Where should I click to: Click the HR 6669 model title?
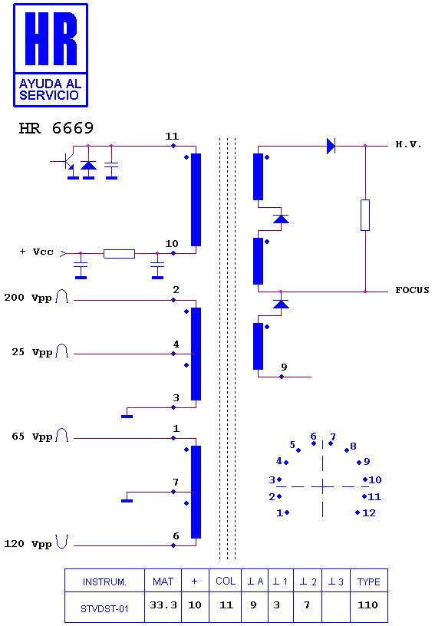point(56,128)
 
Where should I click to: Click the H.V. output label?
point(408,144)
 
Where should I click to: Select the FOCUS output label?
point(412,290)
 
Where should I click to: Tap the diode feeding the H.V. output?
point(331,146)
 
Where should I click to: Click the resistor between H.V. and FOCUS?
point(364,215)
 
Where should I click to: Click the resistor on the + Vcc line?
point(120,253)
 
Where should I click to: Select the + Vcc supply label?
point(36,252)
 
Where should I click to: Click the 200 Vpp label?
point(28,298)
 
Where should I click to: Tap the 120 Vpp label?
point(28,544)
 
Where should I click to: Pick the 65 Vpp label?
point(32,437)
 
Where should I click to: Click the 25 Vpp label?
point(32,352)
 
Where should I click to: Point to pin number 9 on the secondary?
point(284,367)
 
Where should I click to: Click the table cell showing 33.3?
point(163,605)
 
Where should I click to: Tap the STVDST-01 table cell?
point(104,608)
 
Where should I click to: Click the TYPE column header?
point(369,582)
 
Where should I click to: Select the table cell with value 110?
point(367,605)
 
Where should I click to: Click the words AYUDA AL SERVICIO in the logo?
point(51,90)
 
